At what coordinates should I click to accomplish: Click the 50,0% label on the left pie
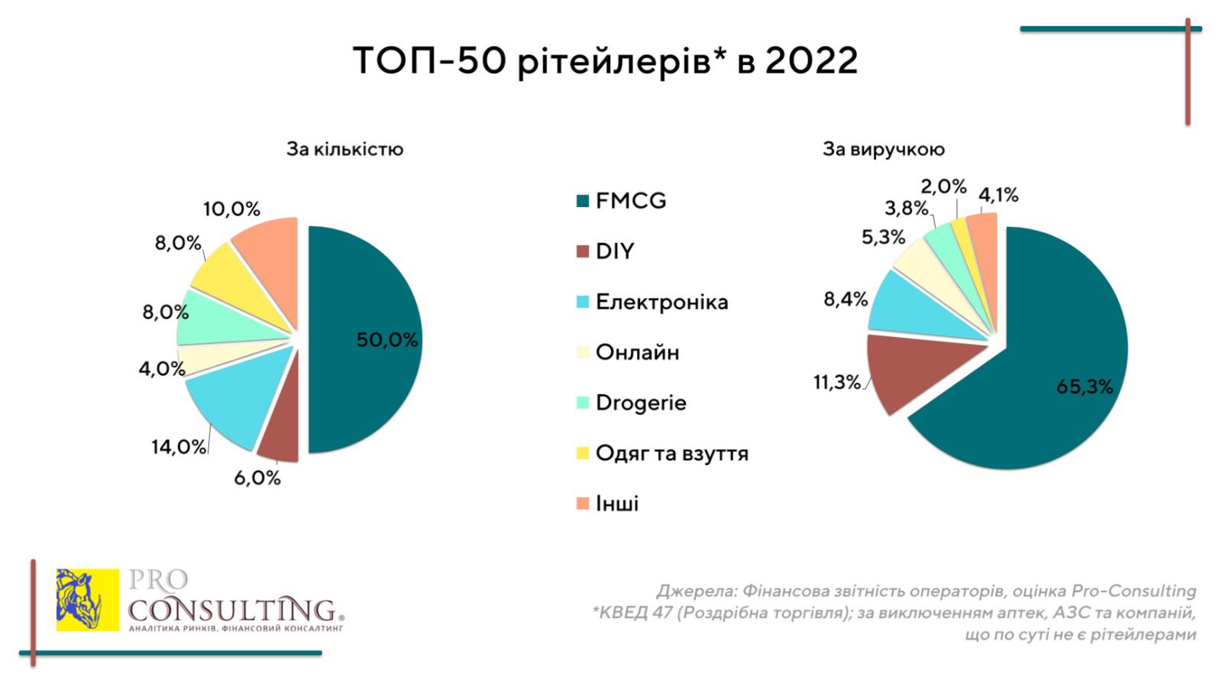387,340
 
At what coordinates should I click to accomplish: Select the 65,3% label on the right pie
1085,387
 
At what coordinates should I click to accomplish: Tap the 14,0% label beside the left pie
179,446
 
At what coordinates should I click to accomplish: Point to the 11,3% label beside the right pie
836,381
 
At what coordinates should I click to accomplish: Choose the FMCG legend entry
630,201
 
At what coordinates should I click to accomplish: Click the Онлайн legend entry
637,352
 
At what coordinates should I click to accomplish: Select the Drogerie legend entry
640,403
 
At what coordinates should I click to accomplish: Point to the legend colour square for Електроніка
583,302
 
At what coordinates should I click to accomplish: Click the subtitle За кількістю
344,149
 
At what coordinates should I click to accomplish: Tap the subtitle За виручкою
883,149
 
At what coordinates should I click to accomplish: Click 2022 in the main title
811,61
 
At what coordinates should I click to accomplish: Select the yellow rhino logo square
88,600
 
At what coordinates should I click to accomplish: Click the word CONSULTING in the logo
232,610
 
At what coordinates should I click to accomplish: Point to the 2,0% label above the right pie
943,186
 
